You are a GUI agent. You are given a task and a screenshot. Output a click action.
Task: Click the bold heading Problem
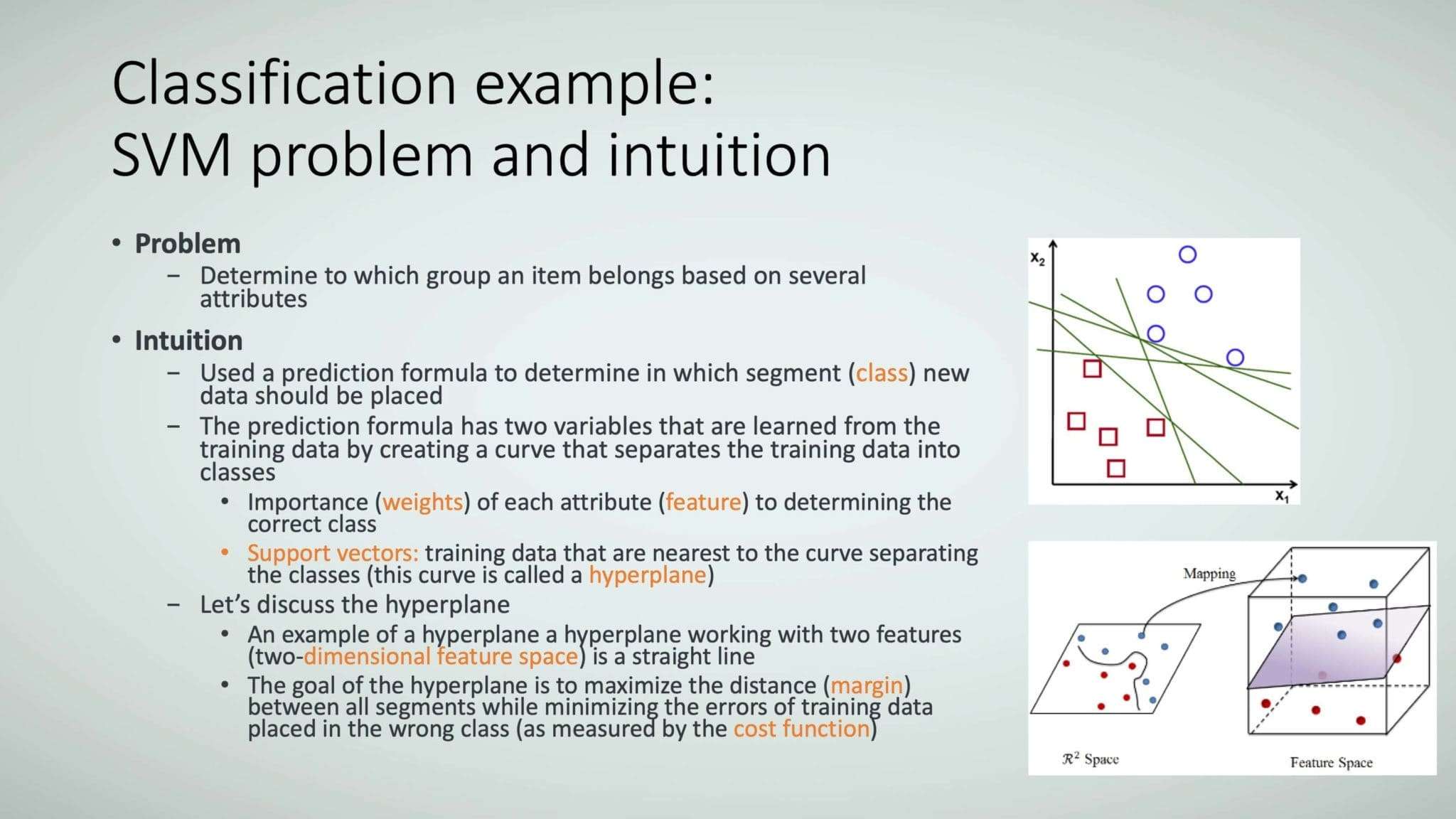[188, 244]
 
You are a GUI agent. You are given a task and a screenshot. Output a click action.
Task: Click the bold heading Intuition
[188, 341]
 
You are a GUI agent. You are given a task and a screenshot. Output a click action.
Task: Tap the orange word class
[882, 373]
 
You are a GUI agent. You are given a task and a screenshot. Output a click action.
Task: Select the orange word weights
[423, 502]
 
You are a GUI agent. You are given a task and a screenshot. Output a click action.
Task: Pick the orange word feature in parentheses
[703, 502]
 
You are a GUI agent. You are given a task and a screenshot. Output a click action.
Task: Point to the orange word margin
[867, 686]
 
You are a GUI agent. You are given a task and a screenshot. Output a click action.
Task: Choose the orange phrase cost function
[802, 729]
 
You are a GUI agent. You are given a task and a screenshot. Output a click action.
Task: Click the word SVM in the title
[171, 155]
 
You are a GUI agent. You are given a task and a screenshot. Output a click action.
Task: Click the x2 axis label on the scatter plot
[1038, 259]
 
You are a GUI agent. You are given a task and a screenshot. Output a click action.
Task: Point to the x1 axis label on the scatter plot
[1282, 496]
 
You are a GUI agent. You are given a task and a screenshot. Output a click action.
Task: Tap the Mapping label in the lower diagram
[1209, 573]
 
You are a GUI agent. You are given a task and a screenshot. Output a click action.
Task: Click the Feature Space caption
[1332, 762]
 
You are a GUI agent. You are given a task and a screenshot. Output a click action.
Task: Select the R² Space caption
[1091, 759]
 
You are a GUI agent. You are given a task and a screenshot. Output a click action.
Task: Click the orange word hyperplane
[647, 575]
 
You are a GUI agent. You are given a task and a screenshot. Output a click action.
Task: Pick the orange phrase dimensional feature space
[441, 656]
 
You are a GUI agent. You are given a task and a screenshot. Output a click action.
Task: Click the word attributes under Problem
[253, 299]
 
